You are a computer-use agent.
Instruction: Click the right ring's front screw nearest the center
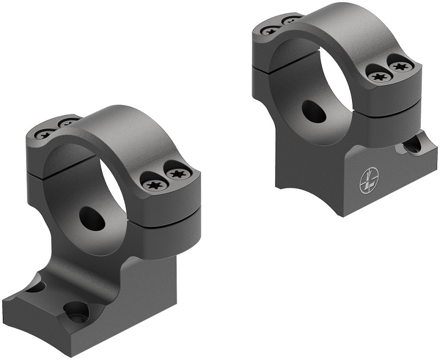coord(378,77)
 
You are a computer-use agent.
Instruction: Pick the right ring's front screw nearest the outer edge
coord(399,67)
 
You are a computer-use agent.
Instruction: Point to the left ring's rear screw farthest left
coord(44,133)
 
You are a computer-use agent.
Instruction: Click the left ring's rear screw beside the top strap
coord(68,123)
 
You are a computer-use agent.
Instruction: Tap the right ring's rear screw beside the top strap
coord(292,20)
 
